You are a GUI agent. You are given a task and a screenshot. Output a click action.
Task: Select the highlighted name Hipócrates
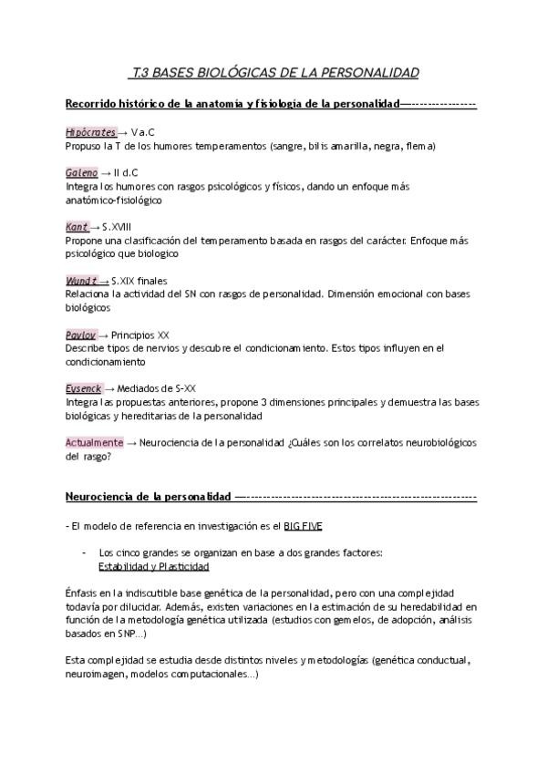click(x=90, y=133)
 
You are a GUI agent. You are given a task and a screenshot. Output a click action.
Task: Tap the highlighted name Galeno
click(x=81, y=173)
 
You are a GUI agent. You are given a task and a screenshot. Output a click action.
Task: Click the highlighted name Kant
click(x=77, y=227)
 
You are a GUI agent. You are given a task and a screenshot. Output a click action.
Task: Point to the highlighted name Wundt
click(x=81, y=281)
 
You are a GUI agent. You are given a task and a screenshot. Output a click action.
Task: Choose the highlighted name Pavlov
click(x=81, y=335)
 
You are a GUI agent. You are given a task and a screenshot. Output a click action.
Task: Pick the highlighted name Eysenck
click(x=84, y=388)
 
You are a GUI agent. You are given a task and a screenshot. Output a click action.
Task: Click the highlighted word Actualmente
click(x=94, y=442)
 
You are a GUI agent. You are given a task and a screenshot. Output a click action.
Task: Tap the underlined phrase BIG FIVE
click(x=302, y=526)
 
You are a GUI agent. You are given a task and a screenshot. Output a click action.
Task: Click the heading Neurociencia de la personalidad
click(x=149, y=496)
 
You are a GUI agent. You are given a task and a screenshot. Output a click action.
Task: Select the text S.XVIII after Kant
click(x=119, y=227)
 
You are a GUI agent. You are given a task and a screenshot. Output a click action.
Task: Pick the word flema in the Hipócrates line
click(x=418, y=146)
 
